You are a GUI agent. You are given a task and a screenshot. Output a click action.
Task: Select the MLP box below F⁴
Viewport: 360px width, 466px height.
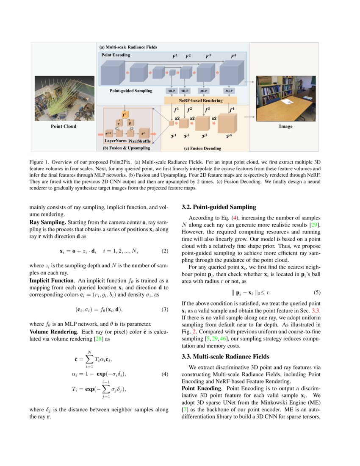tap(229, 91)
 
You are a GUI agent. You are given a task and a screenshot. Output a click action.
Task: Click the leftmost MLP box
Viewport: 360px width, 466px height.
tap(171, 91)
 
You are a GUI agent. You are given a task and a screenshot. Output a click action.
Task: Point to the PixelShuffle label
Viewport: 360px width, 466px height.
tap(139, 141)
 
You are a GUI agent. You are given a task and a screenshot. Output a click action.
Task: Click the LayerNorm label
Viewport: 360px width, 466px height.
tap(116, 141)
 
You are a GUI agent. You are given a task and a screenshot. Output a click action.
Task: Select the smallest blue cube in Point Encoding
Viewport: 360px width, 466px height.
tap(172, 72)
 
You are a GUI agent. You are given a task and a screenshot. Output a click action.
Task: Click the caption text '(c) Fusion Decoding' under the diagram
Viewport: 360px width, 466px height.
tap(202, 148)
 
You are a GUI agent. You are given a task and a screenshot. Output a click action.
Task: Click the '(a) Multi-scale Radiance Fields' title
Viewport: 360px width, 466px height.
tap(128, 47)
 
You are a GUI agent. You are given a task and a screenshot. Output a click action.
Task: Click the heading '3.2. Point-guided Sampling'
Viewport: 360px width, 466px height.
tap(219, 207)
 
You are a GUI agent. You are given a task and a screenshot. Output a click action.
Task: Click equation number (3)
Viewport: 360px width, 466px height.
tap(165, 309)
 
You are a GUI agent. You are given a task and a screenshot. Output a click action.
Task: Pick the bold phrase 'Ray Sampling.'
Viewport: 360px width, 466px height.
tap(47, 222)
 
